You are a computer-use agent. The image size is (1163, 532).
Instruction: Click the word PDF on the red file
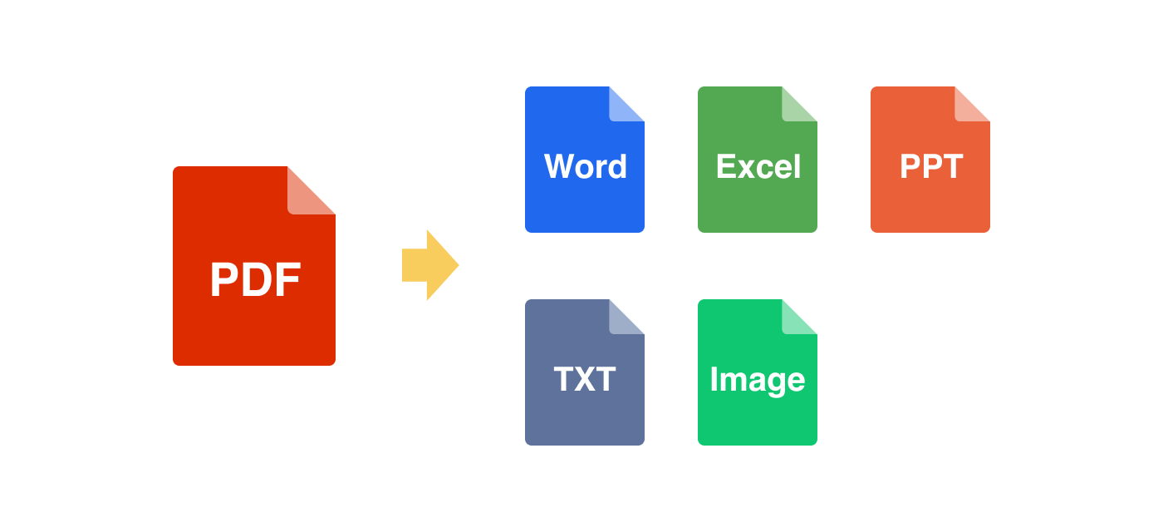(x=254, y=281)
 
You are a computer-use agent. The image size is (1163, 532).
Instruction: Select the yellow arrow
(x=429, y=265)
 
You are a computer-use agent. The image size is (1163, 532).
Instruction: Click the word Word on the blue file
(x=585, y=167)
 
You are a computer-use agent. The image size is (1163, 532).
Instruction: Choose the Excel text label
(x=758, y=167)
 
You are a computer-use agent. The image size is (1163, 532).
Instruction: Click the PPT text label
(x=930, y=167)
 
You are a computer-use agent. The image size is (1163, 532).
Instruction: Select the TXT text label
(x=585, y=380)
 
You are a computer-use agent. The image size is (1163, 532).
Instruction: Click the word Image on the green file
(x=758, y=380)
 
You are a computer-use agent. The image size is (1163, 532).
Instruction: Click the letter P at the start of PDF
(x=225, y=281)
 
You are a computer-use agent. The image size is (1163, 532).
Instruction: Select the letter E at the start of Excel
(x=725, y=167)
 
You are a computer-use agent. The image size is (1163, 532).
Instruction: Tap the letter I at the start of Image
(x=714, y=380)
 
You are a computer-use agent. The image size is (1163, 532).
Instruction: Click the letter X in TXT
(x=585, y=380)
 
